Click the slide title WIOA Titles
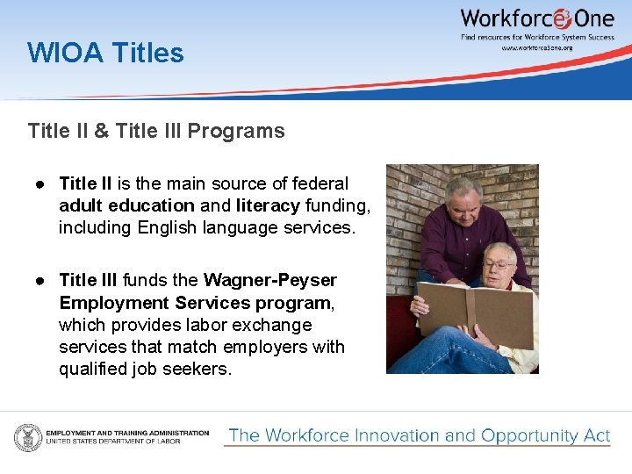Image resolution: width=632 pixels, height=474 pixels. coord(105,53)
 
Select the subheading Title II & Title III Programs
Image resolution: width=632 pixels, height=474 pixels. coord(156,132)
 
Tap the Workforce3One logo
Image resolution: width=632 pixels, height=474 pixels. coord(537,18)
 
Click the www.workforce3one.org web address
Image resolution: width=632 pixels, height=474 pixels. coord(536,47)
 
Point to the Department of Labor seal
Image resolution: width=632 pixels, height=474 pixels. coord(27,436)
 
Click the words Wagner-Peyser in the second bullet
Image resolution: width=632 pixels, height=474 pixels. coord(270,280)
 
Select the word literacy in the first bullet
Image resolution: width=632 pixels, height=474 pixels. coord(268,205)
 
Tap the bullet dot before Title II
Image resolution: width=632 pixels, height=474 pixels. coord(40,183)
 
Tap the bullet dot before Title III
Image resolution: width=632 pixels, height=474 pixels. coord(40,280)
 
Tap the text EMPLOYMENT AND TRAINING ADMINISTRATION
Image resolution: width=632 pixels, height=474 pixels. coord(127,433)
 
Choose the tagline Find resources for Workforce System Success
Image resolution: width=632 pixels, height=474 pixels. coord(536,36)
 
